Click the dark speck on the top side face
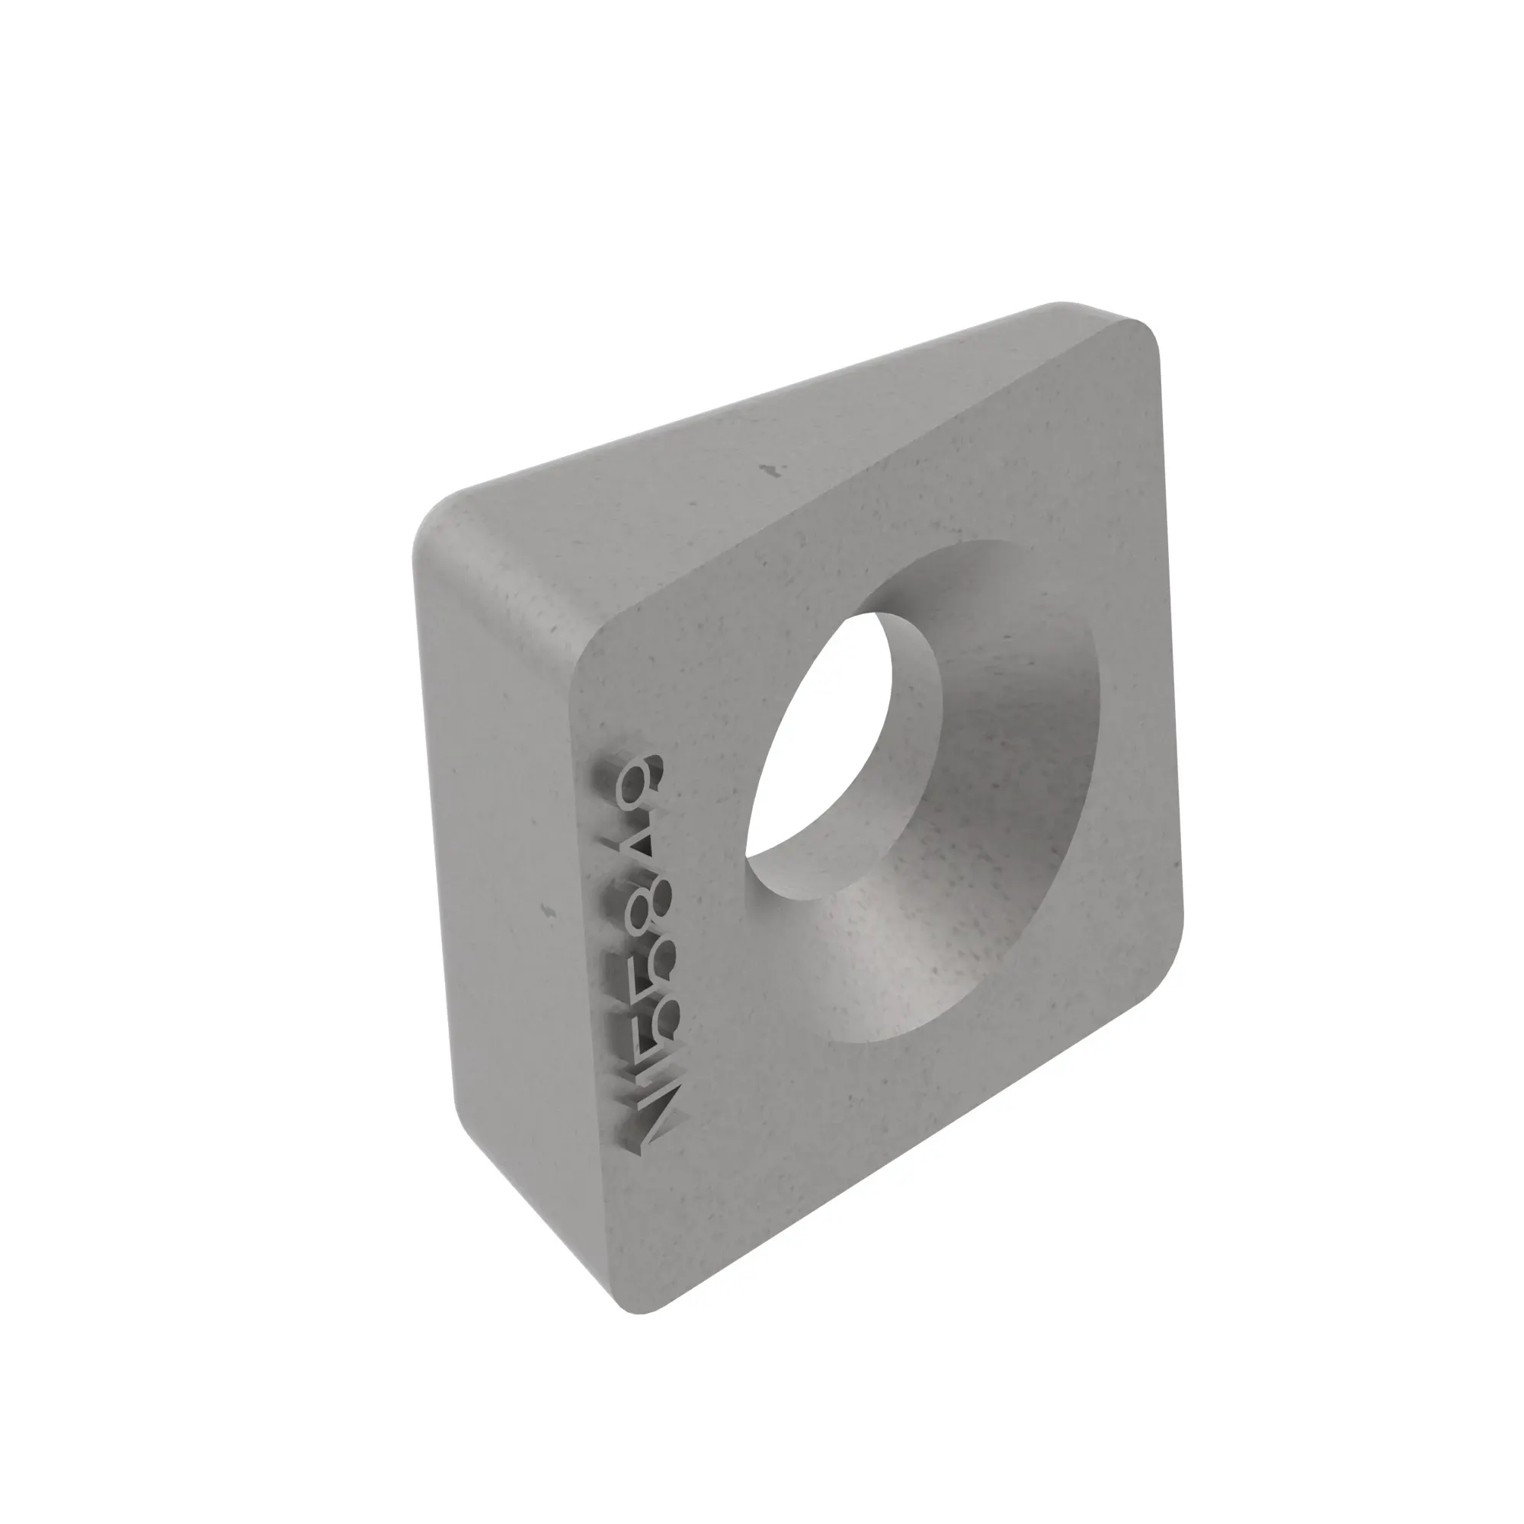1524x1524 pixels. tap(770, 471)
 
